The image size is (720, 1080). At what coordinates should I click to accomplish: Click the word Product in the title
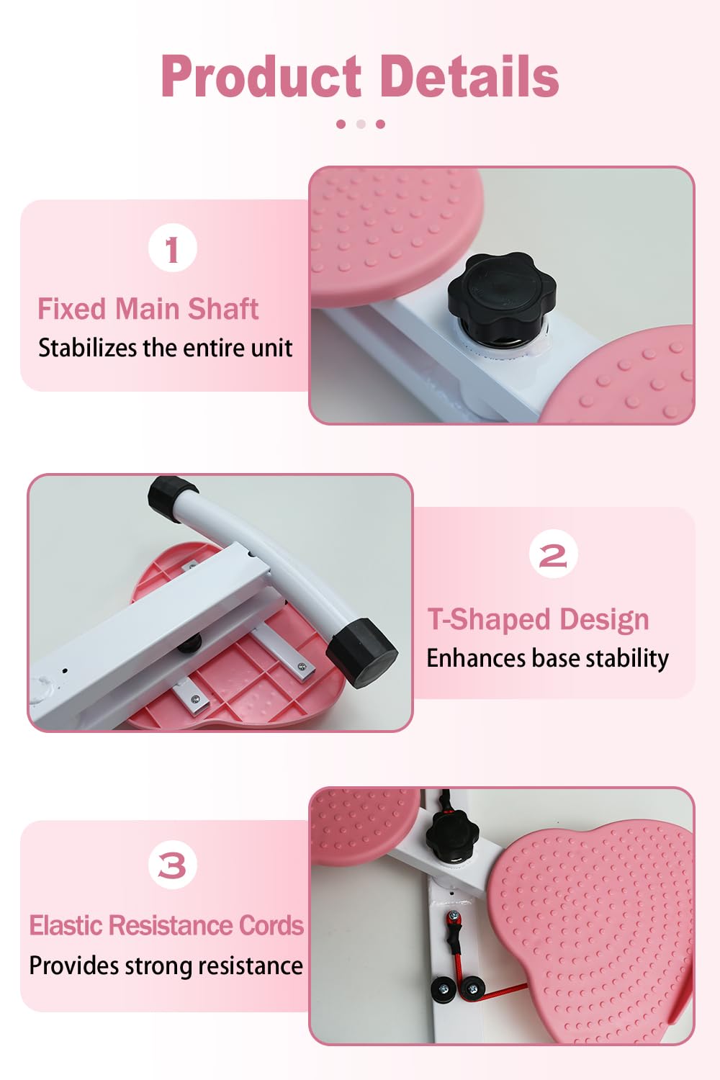tap(261, 76)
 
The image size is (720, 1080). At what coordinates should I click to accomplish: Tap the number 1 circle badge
tap(172, 248)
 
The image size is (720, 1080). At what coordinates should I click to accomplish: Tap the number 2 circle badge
tap(553, 554)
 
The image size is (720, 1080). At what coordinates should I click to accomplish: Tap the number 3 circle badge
tap(172, 865)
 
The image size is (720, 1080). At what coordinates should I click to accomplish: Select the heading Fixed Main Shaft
tap(148, 309)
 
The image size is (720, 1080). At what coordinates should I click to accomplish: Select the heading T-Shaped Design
tap(538, 619)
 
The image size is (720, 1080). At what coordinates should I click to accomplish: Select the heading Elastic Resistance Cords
tap(166, 925)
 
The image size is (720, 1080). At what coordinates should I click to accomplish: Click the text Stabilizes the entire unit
tap(165, 348)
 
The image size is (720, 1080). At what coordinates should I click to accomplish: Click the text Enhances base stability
tap(547, 658)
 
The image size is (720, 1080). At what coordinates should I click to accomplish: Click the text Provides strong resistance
tap(166, 966)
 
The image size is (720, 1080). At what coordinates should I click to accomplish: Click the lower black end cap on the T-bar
tap(362, 651)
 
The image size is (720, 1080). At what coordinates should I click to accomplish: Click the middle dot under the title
tap(361, 124)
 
